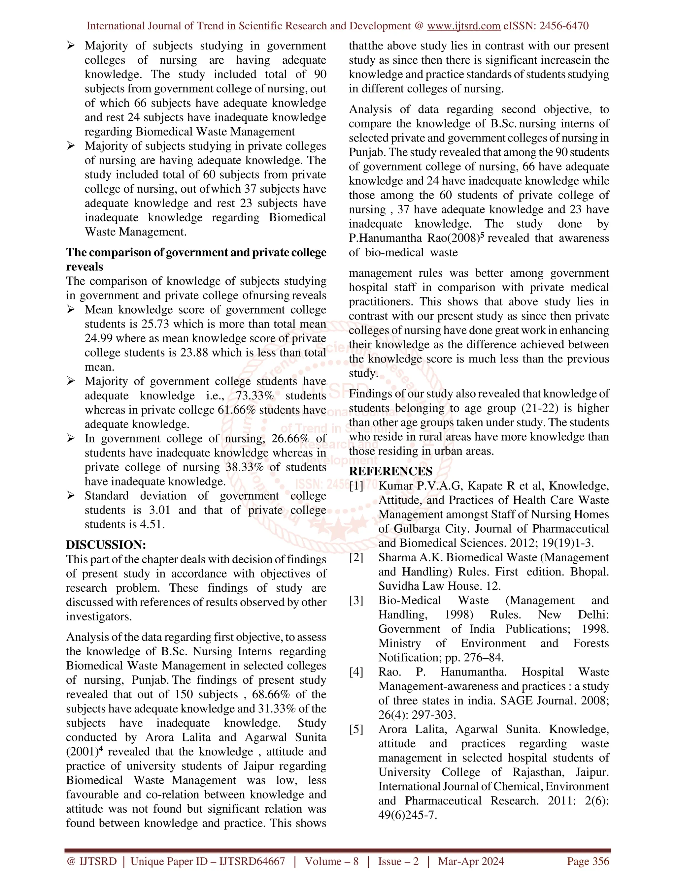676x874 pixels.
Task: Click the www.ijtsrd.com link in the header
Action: (463, 26)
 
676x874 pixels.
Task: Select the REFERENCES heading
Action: (390, 471)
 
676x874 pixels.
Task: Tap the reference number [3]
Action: (356, 600)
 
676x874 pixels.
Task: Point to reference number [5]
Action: (356, 729)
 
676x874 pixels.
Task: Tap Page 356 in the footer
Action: (588, 861)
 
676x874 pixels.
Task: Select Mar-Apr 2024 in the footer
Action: (471, 861)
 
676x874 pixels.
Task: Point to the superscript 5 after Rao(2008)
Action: (482, 235)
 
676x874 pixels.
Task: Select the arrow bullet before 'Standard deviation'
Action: (71, 496)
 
